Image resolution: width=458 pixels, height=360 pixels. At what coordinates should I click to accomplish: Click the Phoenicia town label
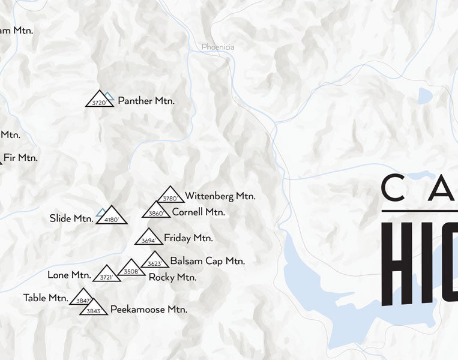point(218,47)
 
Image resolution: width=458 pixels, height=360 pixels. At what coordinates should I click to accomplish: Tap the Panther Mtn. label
point(146,101)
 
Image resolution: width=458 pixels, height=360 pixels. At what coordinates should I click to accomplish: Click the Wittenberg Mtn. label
point(220,196)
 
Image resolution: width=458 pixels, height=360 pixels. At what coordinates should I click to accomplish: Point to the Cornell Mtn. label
point(198,212)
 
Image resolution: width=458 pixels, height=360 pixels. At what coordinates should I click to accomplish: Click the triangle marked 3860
point(156,211)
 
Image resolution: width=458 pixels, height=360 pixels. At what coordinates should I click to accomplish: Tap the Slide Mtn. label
point(71,218)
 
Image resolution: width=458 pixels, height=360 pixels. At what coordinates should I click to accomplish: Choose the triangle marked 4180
point(112,217)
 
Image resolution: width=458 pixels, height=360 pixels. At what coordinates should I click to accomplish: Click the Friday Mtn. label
point(188,238)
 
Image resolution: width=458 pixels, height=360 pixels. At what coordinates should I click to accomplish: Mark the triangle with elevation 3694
point(149,238)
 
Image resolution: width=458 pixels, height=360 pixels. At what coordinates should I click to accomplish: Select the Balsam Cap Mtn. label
point(207,261)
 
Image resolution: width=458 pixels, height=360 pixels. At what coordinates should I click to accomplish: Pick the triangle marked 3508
point(131,269)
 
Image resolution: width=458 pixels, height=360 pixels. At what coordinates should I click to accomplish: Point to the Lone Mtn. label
point(69,275)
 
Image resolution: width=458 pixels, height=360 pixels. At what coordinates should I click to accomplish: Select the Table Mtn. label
point(46,298)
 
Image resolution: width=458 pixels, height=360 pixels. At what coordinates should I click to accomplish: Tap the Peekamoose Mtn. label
point(148,310)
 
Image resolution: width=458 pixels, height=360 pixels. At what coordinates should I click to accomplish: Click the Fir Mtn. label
point(20,158)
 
